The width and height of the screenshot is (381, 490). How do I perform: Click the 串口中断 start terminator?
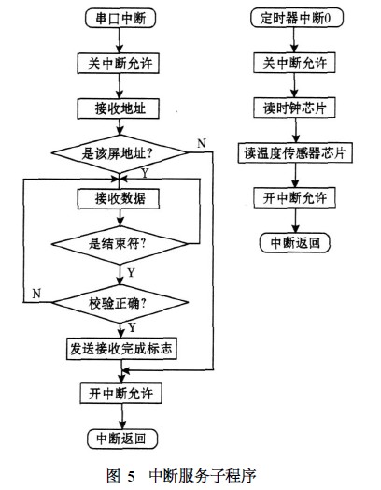click(x=123, y=19)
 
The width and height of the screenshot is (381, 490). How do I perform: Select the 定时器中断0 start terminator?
click(x=295, y=19)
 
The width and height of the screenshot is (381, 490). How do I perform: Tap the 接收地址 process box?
click(x=123, y=108)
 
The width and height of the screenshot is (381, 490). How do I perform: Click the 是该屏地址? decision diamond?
click(x=123, y=151)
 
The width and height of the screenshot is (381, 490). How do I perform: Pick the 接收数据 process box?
click(x=123, y=199)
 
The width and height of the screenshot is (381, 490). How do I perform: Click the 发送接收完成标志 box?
click(x=123, y=349)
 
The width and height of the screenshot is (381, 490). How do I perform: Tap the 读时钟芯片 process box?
click(x=295, y=108)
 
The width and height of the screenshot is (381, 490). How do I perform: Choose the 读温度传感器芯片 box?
click(x=295, y=151)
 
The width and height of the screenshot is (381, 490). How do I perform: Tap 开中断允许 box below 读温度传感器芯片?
click(x=295, y=199)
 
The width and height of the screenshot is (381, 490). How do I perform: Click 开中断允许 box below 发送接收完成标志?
click(x=123, y=392)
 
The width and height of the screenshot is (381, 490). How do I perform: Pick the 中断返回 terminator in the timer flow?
click(x=295, y=243)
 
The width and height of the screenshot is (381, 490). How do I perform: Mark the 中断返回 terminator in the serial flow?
click(x=123, y=438)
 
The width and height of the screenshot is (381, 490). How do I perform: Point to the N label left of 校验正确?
click(x=35, y=294)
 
